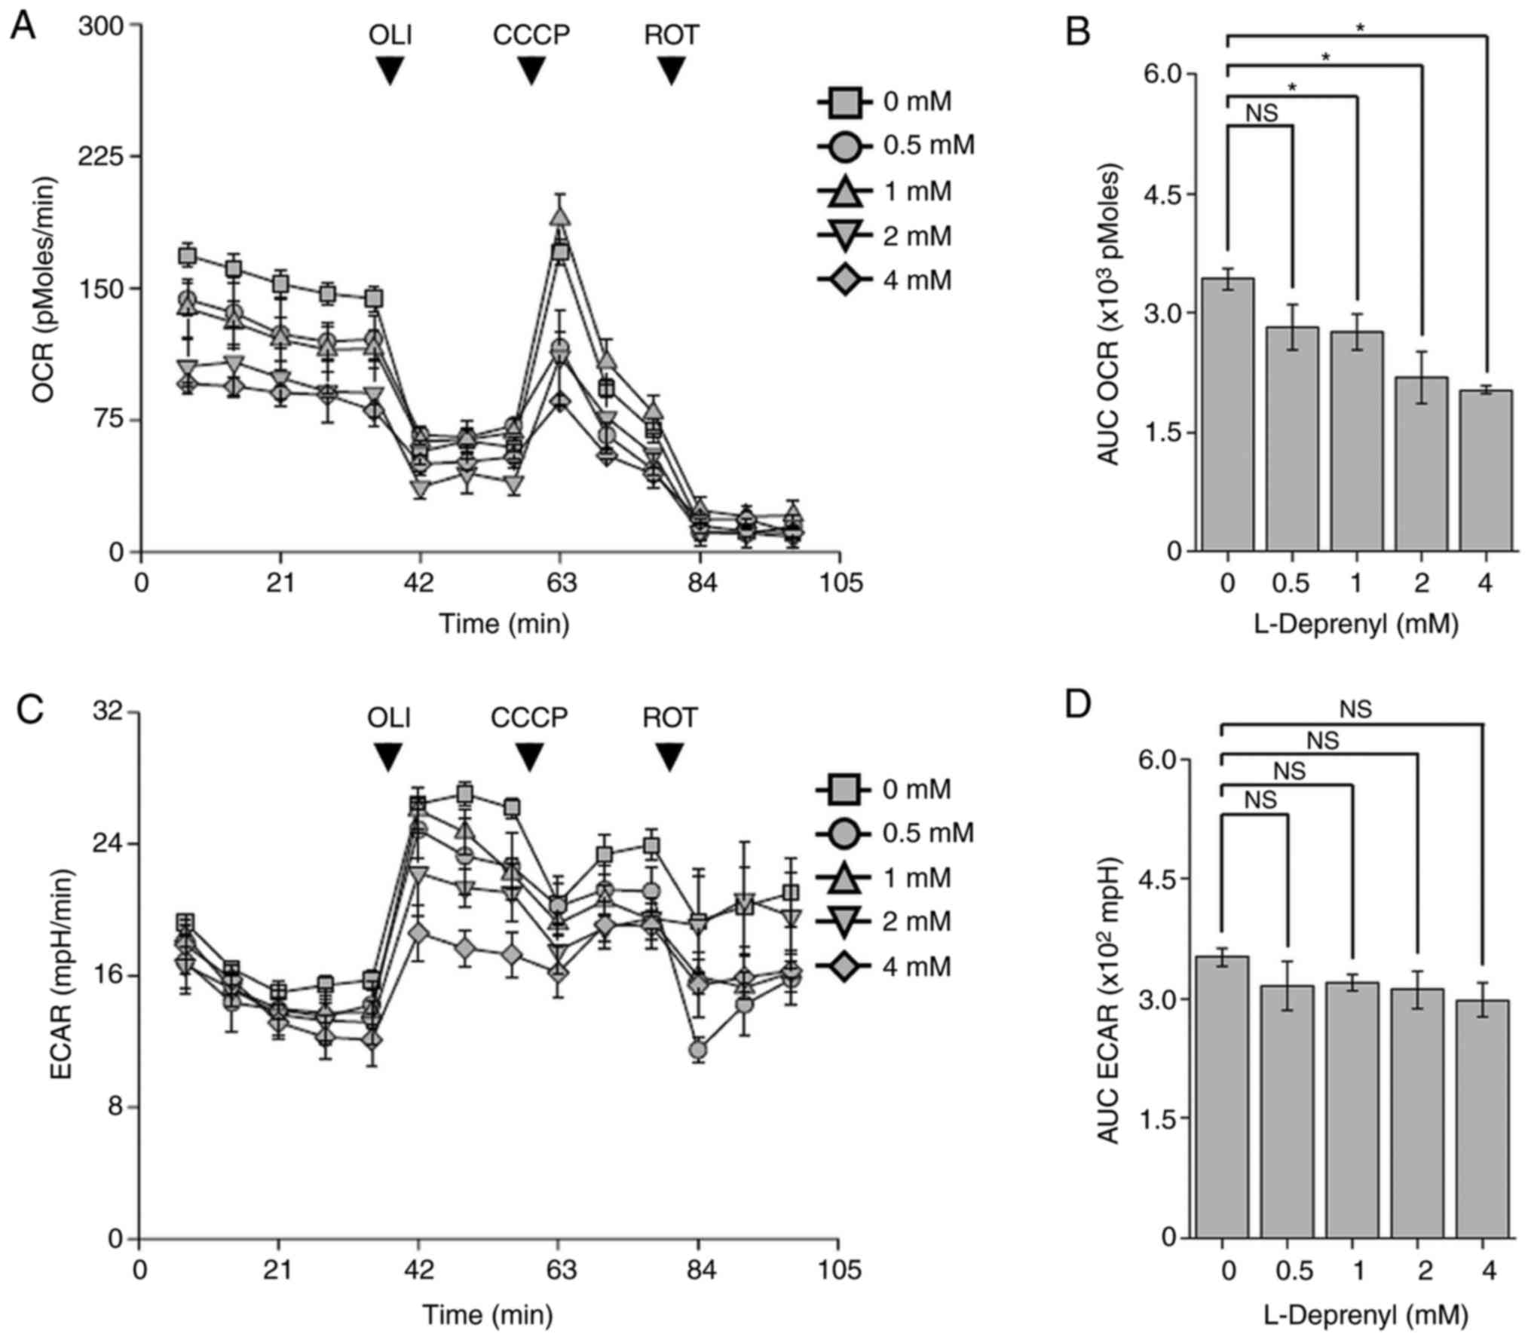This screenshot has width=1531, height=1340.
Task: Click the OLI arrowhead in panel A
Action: click(390, 72)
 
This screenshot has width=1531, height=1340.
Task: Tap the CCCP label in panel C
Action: click(529, 717)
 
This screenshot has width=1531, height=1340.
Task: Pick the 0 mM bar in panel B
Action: click(1227, 415)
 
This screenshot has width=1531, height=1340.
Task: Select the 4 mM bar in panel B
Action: click(1485, 470)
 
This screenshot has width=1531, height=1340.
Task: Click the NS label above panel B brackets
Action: click(1261, 113)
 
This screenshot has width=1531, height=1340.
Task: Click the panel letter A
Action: click(23, 28)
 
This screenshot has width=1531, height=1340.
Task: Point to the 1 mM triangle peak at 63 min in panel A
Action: click(559, 216)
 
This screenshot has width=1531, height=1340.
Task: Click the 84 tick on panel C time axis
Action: click(699, 1271)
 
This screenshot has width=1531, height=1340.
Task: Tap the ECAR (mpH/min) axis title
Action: click(63, 975)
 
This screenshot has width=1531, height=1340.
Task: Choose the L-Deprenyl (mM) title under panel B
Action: click(1356, 624)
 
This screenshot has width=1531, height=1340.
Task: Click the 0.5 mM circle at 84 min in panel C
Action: click(698, 1049)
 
